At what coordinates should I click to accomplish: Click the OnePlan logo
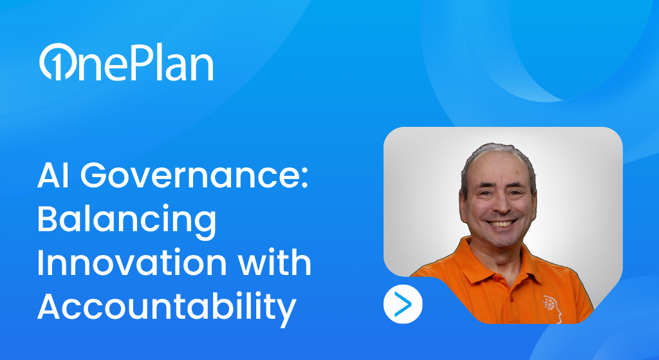point(127,62)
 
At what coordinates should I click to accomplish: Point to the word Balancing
point(127,220)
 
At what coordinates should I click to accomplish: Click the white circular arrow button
point(403,304)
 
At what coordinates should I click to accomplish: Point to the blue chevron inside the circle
point(404,304)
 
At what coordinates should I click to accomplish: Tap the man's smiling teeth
point(502,223)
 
